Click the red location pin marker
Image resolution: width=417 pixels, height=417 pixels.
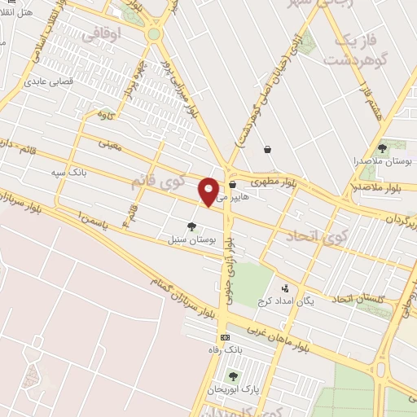pyautogui.click(x=209, y=191)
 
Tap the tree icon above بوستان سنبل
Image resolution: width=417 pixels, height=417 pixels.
pyautogui.click(x=191, y=227)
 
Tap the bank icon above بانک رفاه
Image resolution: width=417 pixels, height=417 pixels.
pyautogui.click(x=225, y=337)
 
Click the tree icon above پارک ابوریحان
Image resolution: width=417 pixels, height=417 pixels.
pyautogui.click(x=234, y=375)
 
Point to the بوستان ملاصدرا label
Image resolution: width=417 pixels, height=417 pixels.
pyautogui.click(x=382, y=163)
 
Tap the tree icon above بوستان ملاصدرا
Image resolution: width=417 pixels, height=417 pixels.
pyautogui.click(x=382, y=147)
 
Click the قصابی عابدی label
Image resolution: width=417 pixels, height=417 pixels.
pyautogui.click(x=50, y=81)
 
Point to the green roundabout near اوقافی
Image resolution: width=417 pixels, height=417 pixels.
pyautogui.click(x=153, y=34)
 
